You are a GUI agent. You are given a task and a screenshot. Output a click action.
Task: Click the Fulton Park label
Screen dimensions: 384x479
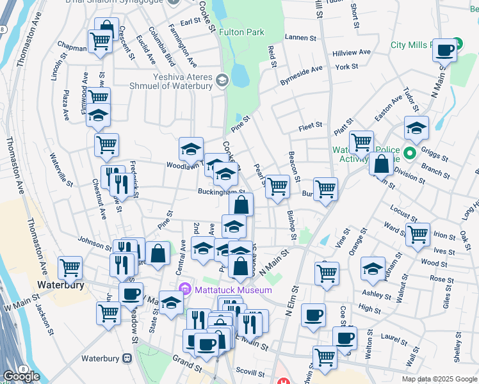[241, 31]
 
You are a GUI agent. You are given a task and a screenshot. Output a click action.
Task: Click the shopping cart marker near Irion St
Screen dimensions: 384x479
[418, 234]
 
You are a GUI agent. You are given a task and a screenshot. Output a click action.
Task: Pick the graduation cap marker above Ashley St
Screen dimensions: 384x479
[373, 269]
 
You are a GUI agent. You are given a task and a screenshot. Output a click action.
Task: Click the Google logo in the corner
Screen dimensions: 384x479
[21, 376]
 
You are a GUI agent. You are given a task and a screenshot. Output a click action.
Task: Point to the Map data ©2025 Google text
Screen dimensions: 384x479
[439, 379]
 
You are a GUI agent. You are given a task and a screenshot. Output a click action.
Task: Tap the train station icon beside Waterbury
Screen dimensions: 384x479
[127, 358]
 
